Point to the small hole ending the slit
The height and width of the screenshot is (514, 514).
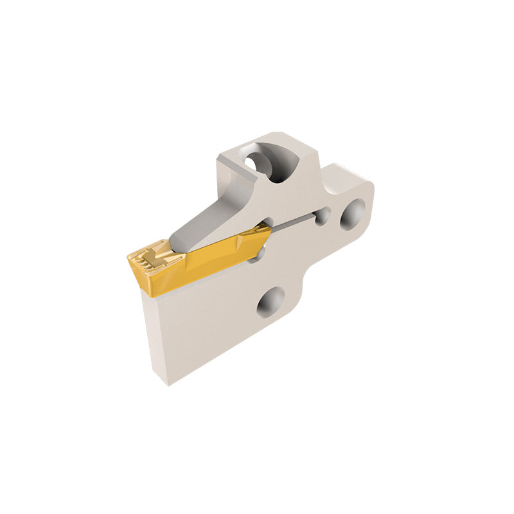coord(322,217)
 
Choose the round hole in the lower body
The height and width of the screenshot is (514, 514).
coord(270,301)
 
